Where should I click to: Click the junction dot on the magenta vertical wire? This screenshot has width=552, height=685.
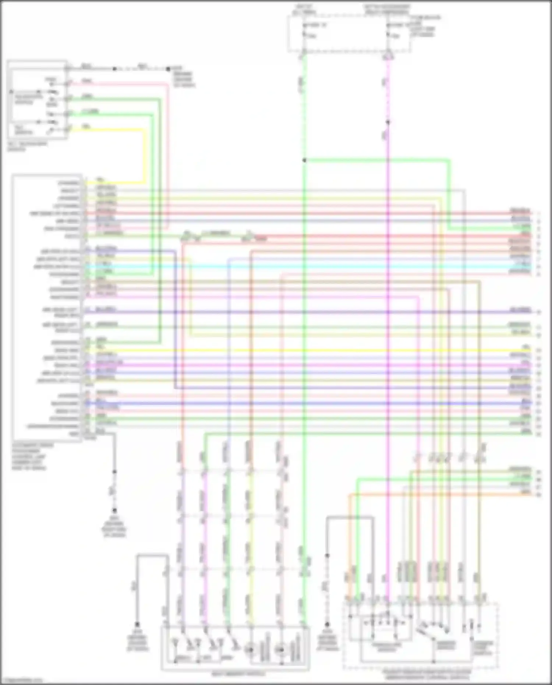(388, 122)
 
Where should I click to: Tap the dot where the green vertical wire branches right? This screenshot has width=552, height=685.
(304, 160)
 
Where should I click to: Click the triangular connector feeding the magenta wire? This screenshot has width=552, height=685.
(388, 57)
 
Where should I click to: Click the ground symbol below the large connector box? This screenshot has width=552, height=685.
(114, 511)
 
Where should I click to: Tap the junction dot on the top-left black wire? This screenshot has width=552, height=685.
(114, 69)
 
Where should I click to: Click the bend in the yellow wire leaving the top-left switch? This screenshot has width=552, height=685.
(144, 130)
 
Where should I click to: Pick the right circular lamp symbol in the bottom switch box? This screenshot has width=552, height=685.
(281, 650)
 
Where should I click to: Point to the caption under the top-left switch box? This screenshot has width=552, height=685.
(27, 146)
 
